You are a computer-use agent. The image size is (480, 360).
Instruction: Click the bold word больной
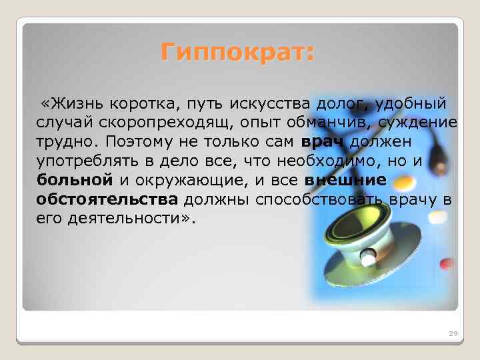click(x=75, y=180)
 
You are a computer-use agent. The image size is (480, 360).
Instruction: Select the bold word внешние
click(x=345, y=180)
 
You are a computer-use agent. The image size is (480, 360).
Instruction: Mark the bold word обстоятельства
click(x=107, y=199)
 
